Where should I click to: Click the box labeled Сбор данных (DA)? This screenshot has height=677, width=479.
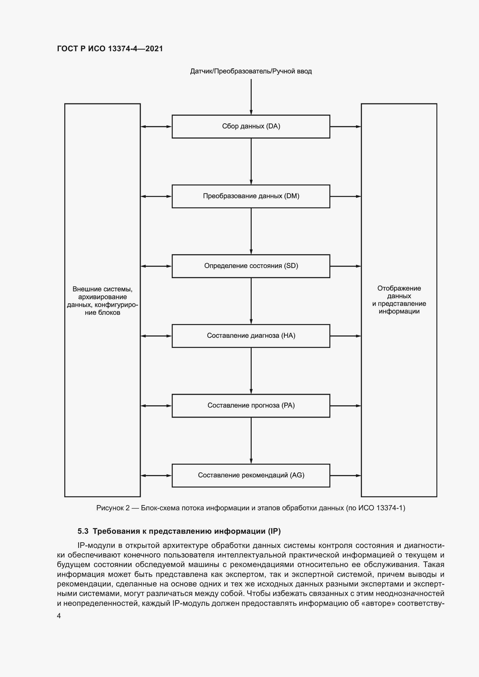pos(251,126)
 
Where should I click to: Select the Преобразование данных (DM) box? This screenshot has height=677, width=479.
pos(251,196)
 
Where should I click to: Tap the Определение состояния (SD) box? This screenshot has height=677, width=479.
pos(251,266)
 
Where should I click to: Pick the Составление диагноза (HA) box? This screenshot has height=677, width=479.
pos(251,336)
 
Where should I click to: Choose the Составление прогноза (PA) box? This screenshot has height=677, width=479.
pos(251,406)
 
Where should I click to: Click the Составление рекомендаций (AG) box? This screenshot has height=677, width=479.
pos(251,475)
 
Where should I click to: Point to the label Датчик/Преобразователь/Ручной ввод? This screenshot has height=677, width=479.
pos(251,71)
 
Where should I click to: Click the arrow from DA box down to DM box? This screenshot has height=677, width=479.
pos(251,161)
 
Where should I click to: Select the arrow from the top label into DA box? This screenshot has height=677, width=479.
pos(251,97)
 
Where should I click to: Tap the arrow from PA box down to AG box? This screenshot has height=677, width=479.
pos(251,441)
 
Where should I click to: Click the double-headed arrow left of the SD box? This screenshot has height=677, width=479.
pos(156,266)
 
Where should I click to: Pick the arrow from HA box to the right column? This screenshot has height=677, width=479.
pos(345,336)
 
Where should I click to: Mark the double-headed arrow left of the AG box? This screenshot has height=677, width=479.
pos(156,475)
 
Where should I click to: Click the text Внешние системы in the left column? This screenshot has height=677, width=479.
pos(102,289)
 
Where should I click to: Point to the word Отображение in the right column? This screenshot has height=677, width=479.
pos(399,288)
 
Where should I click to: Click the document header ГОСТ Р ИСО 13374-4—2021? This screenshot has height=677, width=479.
pos(110,49)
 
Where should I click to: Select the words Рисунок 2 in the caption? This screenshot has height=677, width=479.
pos(113,508)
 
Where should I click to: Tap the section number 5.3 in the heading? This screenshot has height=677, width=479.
pos(83,531)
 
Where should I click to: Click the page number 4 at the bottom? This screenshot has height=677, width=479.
pos(59,616)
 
